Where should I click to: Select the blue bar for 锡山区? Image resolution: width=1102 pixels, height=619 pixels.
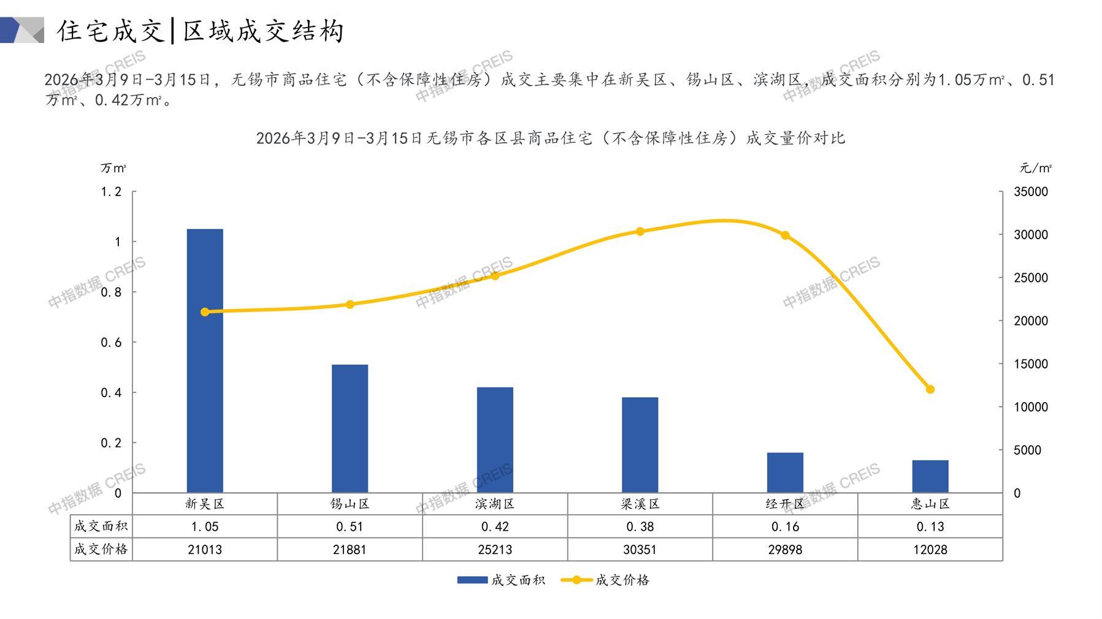(350, 428)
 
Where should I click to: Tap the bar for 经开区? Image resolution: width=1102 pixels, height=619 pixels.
(785, 473)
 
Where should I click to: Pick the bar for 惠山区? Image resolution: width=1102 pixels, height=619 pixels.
(930, 476)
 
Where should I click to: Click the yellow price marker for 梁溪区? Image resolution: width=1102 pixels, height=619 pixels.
(640, 232)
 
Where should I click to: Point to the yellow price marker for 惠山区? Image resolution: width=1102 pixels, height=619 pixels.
(930, 389)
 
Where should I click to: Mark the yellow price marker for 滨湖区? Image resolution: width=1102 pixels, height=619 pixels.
(495, 276)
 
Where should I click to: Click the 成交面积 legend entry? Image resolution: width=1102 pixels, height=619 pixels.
(501, 580)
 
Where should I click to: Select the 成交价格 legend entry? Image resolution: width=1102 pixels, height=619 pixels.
(605, 580)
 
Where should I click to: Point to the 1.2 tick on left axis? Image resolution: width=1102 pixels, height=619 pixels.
(111, 192)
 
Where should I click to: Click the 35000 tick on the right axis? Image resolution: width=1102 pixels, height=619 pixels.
(1031, 192)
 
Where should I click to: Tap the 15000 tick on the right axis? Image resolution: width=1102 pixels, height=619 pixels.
(1031, 364)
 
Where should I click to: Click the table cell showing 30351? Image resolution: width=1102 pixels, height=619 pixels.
(640, 550)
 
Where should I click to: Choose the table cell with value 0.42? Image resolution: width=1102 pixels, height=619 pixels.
(495, 526)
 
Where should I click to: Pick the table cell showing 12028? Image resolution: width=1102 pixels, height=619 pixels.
(930, 550)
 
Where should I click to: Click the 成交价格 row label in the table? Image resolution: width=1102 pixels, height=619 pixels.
(101, 549)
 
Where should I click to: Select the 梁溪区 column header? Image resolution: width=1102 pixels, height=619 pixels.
(640, 504)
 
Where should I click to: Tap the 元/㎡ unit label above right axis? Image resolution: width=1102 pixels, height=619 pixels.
(1035, 168)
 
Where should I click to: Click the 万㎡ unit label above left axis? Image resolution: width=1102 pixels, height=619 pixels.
(113, 168)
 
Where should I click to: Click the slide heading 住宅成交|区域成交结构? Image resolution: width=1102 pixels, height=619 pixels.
(201, 31)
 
